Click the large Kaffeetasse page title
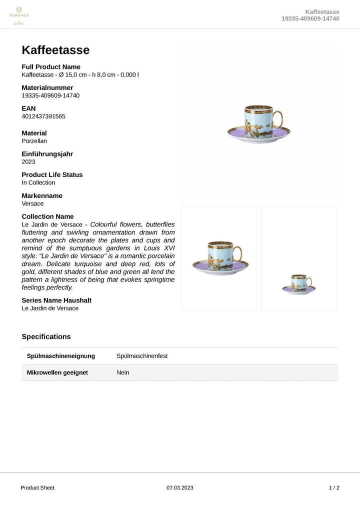(55, 50)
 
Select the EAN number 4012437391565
(43, 116)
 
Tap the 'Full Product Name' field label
(51, 67)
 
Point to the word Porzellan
(35, 141)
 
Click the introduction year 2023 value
(28, 162)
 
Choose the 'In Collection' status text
(38, 182)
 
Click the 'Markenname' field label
(42, 195)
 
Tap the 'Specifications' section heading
(46, 336)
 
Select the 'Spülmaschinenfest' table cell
(142, 356)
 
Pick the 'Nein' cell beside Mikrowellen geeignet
(122, 372)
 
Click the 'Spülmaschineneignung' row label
(60, 356)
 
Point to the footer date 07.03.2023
(179, 487)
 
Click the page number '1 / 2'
(334, 487)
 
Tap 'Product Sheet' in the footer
(37, 487)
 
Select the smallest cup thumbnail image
(298, 284)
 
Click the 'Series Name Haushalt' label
(56, 300)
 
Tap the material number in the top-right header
(310, 18)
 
